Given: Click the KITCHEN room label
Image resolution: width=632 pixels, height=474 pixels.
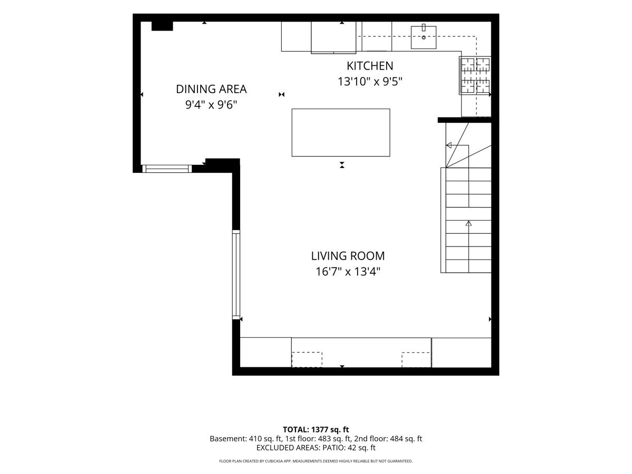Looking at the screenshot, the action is tap(370, 66).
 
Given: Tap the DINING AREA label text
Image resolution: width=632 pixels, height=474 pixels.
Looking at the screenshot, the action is tap(211, 89).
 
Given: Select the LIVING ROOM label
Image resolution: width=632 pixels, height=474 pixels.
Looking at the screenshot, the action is tap(348, 256).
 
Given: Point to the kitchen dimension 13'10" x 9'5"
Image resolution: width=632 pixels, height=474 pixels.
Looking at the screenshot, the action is tap(370, 82).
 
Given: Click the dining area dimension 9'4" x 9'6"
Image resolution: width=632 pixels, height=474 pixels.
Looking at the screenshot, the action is tap(211, 105).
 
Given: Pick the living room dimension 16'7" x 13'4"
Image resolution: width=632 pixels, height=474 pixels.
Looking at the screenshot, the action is tap(348, 271).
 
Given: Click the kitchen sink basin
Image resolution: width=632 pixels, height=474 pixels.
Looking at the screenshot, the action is tap(423, 37).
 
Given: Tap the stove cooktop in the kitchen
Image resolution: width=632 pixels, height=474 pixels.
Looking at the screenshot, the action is tap(475, 75).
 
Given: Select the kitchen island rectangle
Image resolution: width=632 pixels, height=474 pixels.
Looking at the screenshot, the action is tap(341, 133).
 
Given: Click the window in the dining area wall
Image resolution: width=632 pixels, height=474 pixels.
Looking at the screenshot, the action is tap(167, 169).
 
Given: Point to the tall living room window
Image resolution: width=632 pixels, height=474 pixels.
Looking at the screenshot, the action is tap(236, 274).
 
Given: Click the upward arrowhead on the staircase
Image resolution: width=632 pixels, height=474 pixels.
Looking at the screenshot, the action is tap(468, 223).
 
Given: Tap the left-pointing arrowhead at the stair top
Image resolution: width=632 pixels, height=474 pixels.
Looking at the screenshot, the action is tap(449, 145).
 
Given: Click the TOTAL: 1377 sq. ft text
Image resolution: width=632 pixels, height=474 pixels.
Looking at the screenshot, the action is tap(315, 430).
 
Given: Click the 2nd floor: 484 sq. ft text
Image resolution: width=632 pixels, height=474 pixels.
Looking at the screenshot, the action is tap(388, 439).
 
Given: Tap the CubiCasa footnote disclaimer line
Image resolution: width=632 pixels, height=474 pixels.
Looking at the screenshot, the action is tap(315, 461).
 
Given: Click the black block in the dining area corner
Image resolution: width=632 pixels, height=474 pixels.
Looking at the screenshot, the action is tap(162, 26).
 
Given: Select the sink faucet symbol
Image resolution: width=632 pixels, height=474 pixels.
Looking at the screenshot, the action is tap(423, 27).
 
